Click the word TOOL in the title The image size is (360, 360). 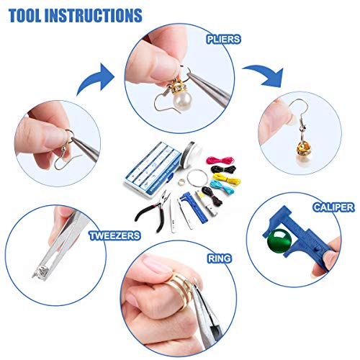pos(25,15)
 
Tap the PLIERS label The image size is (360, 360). pos(223,40)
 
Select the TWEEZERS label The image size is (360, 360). pos(114,235)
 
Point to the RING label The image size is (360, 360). pos(220,258)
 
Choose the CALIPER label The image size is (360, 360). pos(333,207)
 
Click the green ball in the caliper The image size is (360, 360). pos(279,240)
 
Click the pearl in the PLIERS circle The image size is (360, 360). pos(182,100)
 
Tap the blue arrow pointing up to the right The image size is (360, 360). pos(96,79)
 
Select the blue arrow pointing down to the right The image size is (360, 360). pos(265,76)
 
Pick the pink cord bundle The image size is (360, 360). pos(220,160)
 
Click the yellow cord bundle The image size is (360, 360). pos(226,179)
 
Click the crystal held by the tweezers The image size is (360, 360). pos(41,273)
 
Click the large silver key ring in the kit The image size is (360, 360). pos(197,177)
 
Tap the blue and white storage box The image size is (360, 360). pos(153,168)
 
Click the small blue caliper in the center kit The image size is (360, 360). pos(194,208)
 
